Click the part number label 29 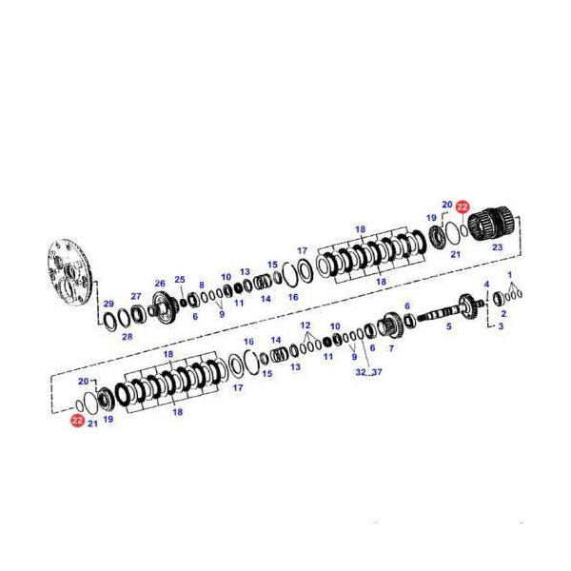click(108, 304)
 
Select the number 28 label click(128, 337)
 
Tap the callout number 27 click(136, 296)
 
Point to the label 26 click(160, 283)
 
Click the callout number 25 click(180, 279)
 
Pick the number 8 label click(202, 285)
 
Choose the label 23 click(498, 246)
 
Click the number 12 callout click(305, 325)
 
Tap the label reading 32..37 click(368, 372)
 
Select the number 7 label click(391, 348)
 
